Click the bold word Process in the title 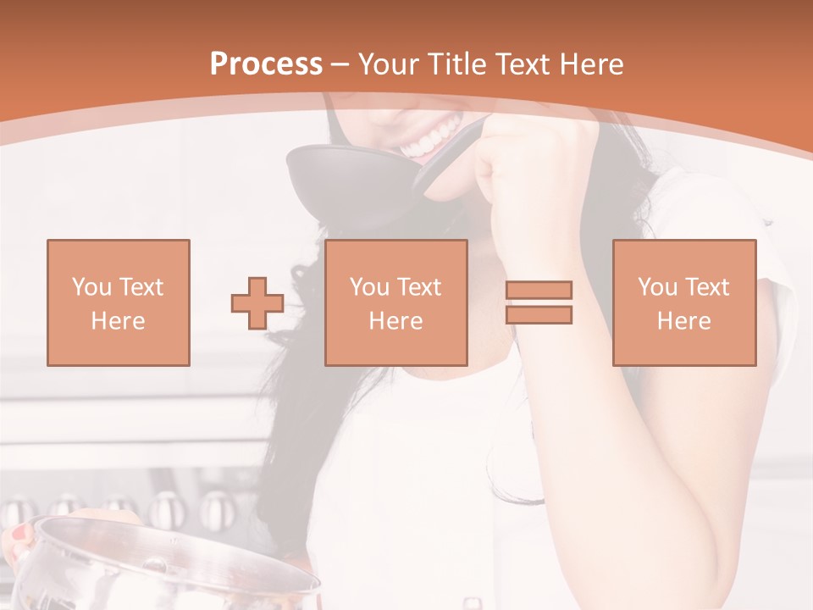tap(266, 64)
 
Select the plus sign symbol tap(257, 302)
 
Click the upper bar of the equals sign tap(539, 291)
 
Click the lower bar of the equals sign tap(539, 315)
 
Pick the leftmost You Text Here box tap(118, 302)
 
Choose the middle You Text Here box tap(395, 302)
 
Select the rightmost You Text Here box tap(683, 302)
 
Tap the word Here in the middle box tap(395, 321)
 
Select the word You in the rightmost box tap(657, 287)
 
